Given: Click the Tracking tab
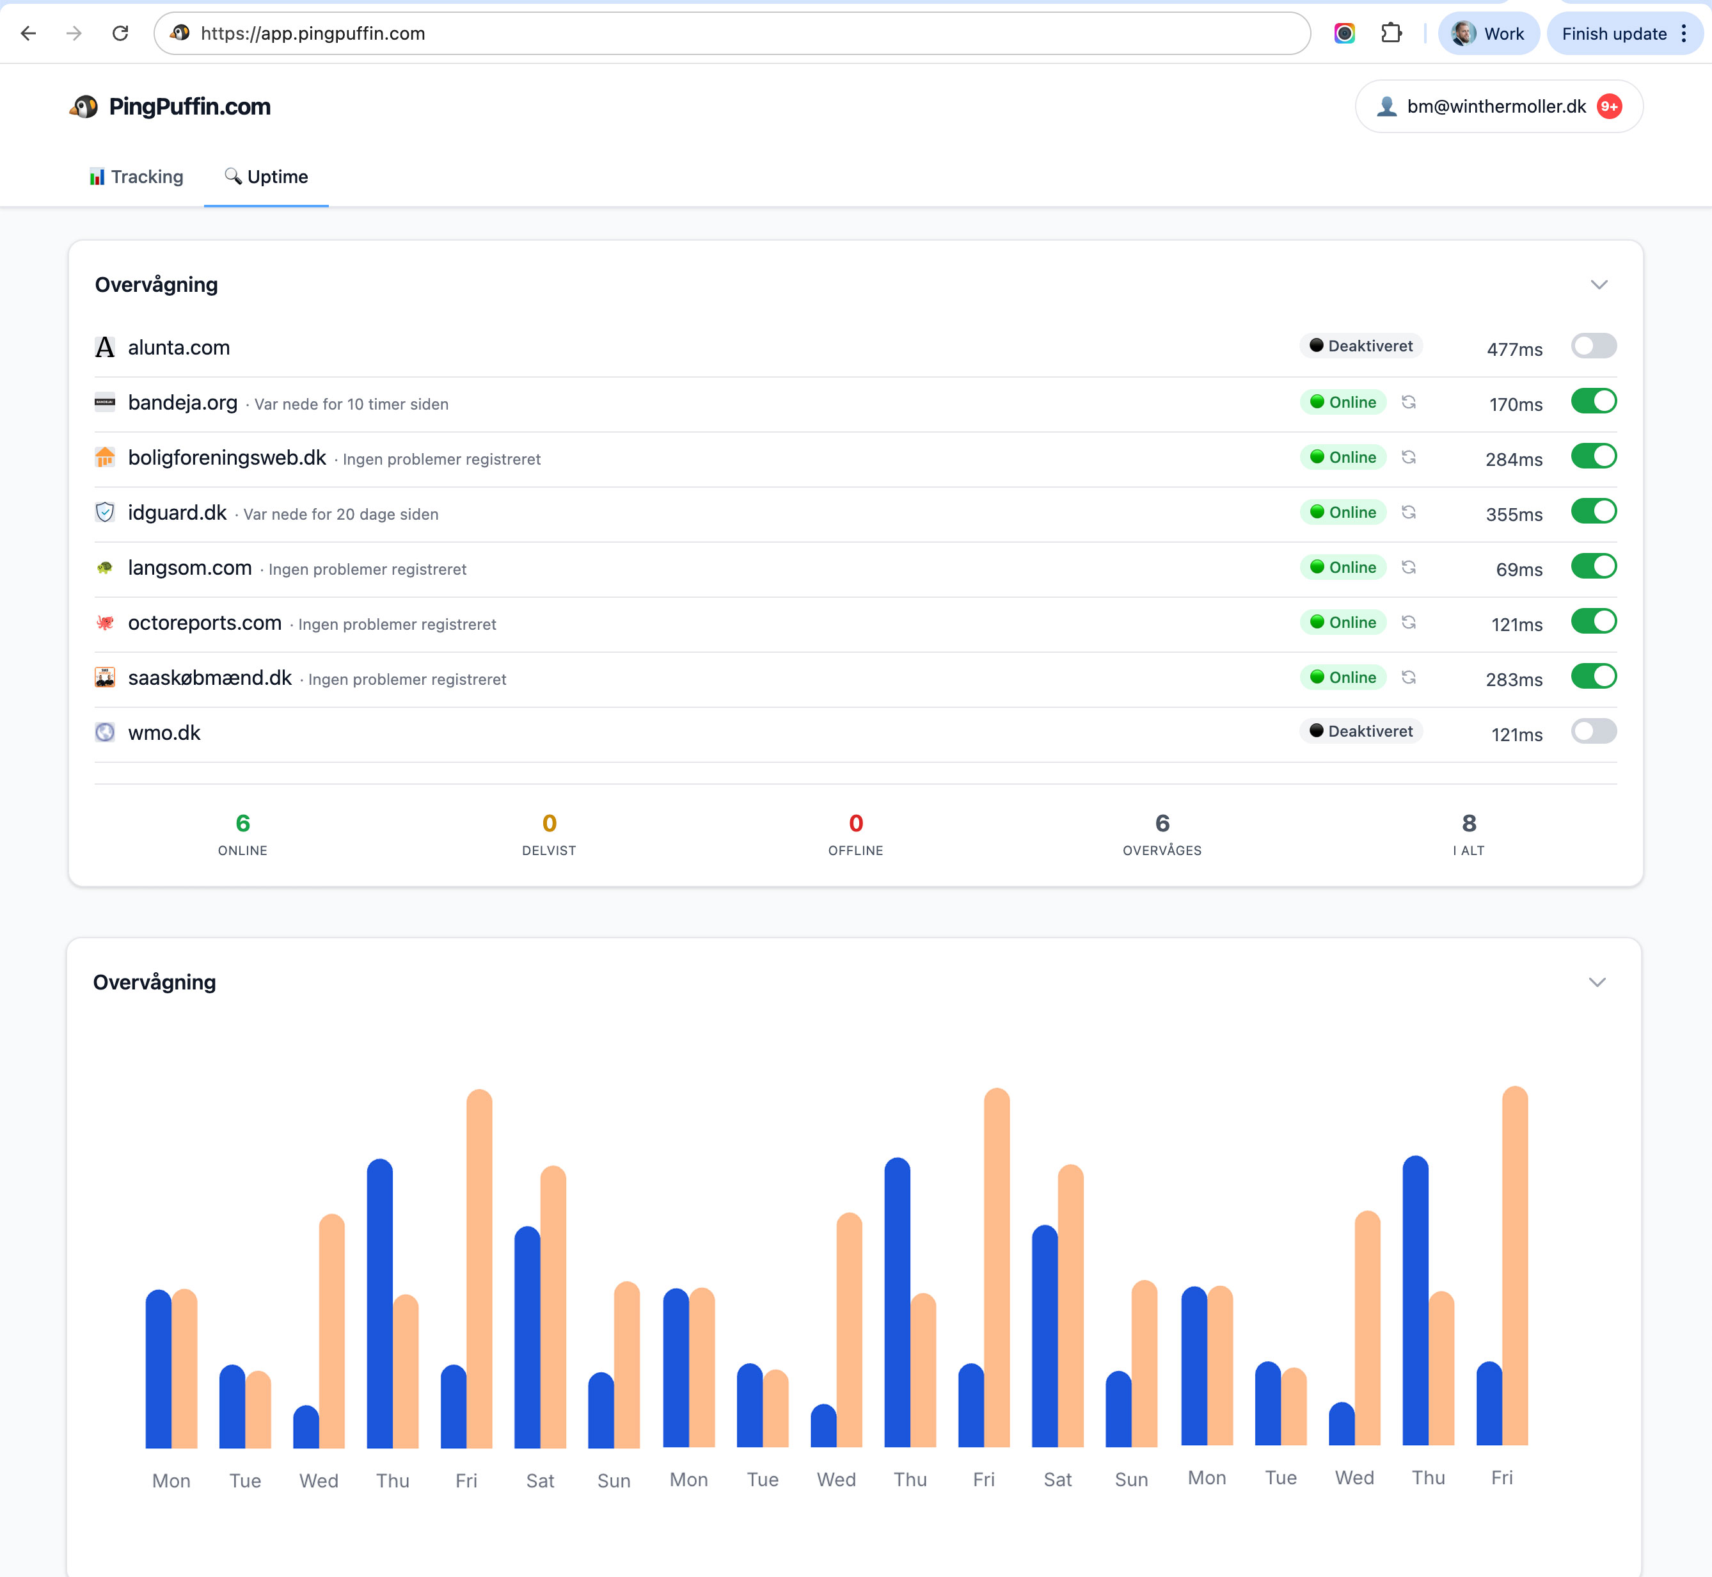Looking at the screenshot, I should [136, 177].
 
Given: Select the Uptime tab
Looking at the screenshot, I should [266, 177].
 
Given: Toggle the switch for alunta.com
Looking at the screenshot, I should [1592, 346].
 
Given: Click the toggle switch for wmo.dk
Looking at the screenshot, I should [1592, 732].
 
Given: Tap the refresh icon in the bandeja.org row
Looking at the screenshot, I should [1408, 402].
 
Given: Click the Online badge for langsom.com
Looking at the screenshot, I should [1343, 568].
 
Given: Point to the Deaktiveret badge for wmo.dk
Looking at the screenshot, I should [1361, 732].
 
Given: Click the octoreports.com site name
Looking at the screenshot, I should [205, 623].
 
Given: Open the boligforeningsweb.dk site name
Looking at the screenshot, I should [227, 458].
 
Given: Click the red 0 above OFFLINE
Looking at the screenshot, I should [855, 824].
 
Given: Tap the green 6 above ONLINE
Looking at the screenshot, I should [243, 824].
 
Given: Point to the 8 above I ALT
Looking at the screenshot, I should [1468, 824].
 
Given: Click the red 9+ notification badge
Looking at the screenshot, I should [1609, 107].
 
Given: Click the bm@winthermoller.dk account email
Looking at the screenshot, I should [1496, 107].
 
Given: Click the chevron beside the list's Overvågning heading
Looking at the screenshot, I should [1599, 285].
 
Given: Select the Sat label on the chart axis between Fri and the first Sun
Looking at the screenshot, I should [540, 1480].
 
